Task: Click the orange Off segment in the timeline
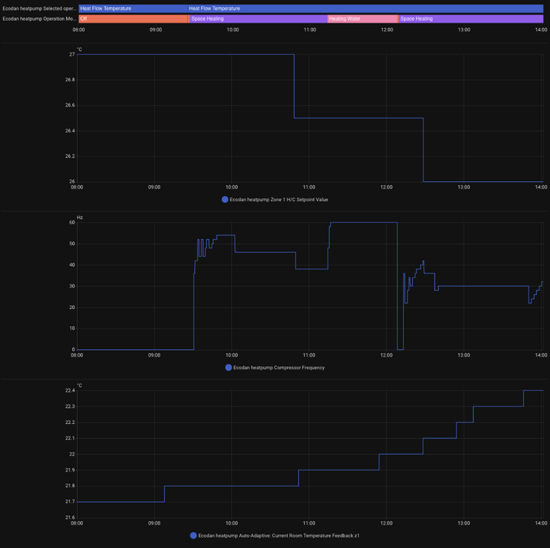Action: [133, 19]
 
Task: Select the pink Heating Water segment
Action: [362, 19]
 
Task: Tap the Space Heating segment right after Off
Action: [258, 19]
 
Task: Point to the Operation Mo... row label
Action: [38, 19]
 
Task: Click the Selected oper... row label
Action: [38, 8]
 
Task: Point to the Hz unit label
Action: [80, 218]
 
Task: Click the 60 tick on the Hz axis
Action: [71, 222]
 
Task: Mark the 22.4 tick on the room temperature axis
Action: [69, 390]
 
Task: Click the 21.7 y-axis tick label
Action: [69, 518]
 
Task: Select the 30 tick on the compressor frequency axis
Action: [71, 286]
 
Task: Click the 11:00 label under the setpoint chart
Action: [309, 187]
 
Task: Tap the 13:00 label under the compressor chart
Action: [464, 355]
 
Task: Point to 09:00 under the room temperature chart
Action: [155, 523]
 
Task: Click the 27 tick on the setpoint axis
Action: [71, 54]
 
